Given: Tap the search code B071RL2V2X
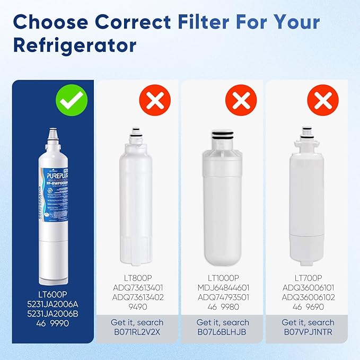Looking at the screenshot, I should (x=137, y=333).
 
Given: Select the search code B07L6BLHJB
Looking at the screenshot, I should (x=223, y=333).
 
